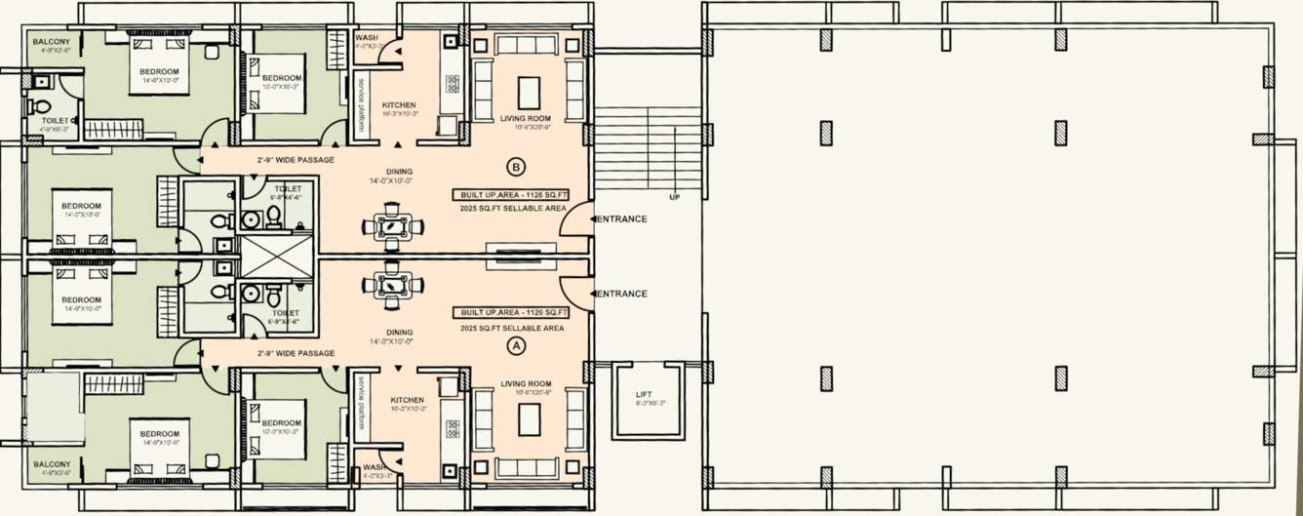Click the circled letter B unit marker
pyautogui.click(x=516, y=165)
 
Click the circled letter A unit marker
pyautogui.click(x=516, y=344)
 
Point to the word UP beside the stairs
pyautogui.click(x=674, y=197)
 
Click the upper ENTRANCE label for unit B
pyautogui.click(x=621, y=218)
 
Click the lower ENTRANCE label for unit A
pyautogui.click(x=621, y=294)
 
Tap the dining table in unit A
pyautogui.click(x=393, y=285)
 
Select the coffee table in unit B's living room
pyautogui.click(x=528, y=93)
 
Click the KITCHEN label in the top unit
pyautogui.click(x=399, y=105)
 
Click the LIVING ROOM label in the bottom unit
pyautogui.click(x=526, y=384)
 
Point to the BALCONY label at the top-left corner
pyautogui.click(x=51, y=42)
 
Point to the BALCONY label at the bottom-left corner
pyautogui.click(x=51, y=464)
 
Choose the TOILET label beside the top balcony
pyautogui.click(x=56, y=121)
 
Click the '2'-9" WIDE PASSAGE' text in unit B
pyautogui.click(x=296, y=160)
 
